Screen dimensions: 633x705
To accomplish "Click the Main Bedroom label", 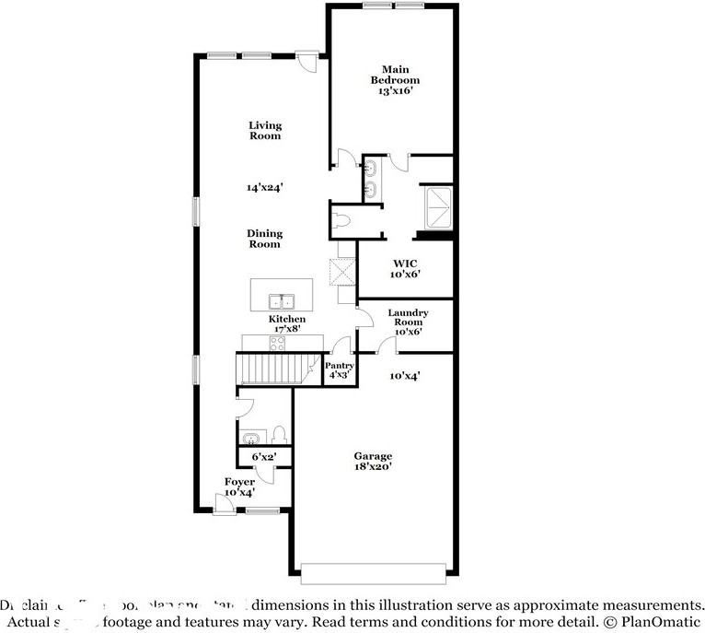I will pyautogui.click(x=395, y=75).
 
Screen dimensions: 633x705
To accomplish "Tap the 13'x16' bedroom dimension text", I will pyautogui.click(x=395, y=91).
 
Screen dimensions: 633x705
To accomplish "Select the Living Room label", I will pyautogui.click(x=265, y=131).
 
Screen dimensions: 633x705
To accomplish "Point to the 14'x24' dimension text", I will pyautogui.click(x=264, y=187).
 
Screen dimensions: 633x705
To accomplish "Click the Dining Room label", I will pyautogui.click(x=264, y=239).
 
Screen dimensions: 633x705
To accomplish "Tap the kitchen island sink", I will pyautogui.click(x=281, y=301).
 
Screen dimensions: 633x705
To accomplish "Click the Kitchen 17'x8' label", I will pyautogui.click(x=287, y=323).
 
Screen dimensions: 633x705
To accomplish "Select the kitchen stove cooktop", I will pyautogui.click(x=276, y=342).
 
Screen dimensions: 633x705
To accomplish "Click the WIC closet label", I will pyautogui.click(x=405, y=269).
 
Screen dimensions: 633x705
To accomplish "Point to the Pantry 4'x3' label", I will pyautogui.click(x=340, y=370).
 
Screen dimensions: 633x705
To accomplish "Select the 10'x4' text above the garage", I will pyautogui.click(x=405, y=375).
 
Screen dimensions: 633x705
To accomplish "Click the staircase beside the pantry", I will pyautogui.click(x=275, y=369).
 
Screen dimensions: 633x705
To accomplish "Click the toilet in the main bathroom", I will pyautogui.click(x=342, y=219).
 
